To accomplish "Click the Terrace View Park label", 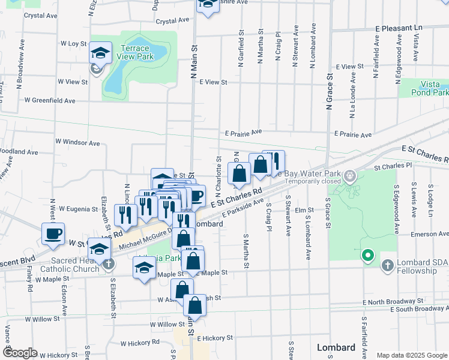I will pos(136,52).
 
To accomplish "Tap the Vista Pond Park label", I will pos(430,89).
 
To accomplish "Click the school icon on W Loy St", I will pos(100,53).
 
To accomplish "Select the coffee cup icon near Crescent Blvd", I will pos(53,233).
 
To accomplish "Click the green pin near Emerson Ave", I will pos(368,256).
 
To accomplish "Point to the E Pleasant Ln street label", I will pos(399,28).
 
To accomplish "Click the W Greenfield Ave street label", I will pos(50,101).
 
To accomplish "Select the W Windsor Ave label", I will pos(77,143).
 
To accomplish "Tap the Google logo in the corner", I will pos(20,353).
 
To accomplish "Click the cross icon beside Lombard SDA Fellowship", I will pos(387,265).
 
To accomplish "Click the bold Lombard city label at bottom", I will pos(336,348).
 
